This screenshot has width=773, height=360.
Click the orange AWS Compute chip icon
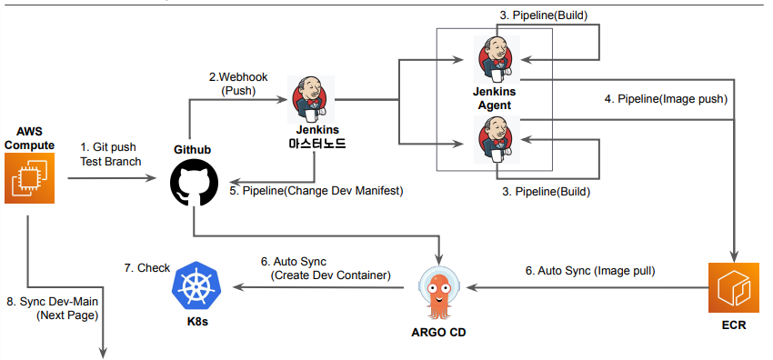click(28, 178)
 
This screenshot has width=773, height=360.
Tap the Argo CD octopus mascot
click(439, 292)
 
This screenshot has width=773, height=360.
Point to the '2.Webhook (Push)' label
click(237, 85)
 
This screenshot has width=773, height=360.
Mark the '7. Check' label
click(145, 267)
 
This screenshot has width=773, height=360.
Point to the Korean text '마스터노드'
click(316, 144)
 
